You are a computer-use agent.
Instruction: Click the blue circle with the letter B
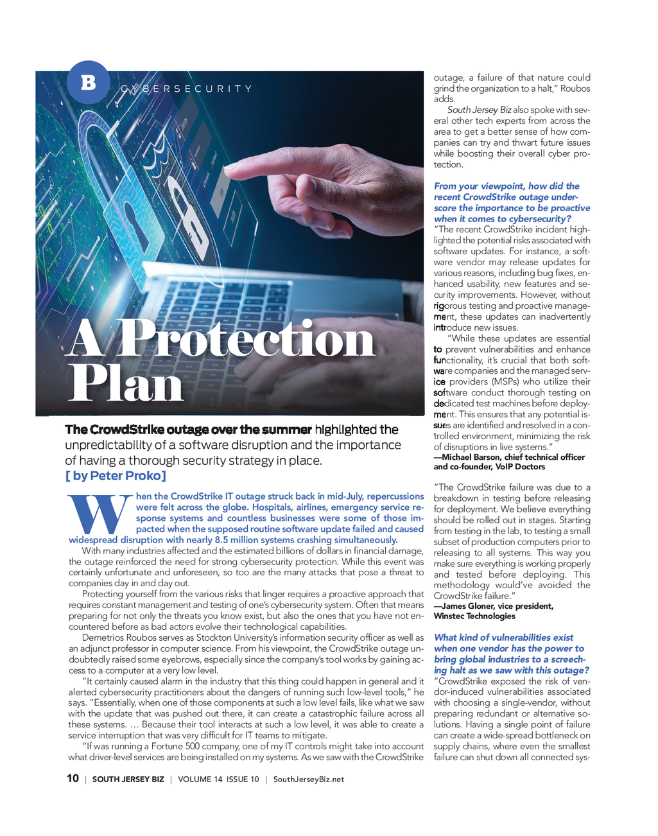89,82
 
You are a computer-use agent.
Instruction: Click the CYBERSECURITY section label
186,89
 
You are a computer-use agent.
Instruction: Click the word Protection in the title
246,339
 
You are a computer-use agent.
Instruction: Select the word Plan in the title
126,384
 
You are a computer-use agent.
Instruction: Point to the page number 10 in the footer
73,778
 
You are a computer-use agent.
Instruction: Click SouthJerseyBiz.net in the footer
308,779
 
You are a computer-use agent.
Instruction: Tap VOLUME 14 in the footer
200,779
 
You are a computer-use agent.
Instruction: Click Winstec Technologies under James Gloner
474,616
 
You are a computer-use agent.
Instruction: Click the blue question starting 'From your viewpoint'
512,202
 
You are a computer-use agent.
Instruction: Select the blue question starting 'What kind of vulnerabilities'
511,654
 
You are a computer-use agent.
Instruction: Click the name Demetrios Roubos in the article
115,638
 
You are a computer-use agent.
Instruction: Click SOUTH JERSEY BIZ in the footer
128,779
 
